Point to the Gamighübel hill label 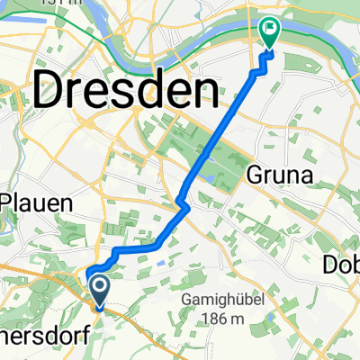pyautogui.click(x=220, y=299)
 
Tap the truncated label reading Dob pyautogui.click(x=343, y=263)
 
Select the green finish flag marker pyautogui.click(x=268, y=33)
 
